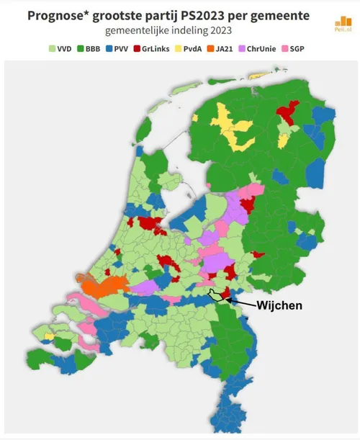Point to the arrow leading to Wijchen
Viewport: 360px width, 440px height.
[x=242, y=302]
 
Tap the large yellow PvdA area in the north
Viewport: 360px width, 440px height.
[x=231, y=130]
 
